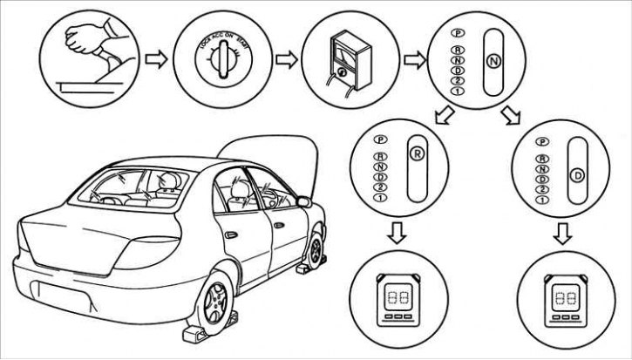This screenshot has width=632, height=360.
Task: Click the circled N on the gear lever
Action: pyautogui.click(x=493, y=62)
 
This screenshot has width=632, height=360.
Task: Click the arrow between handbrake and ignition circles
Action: pyautogui.click(x=156, y=60)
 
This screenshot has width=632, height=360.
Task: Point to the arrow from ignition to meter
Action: pyautogui.click(x=284, y=60)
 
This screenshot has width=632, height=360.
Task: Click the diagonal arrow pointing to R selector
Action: pyautogui.click(x=443, y=115)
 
